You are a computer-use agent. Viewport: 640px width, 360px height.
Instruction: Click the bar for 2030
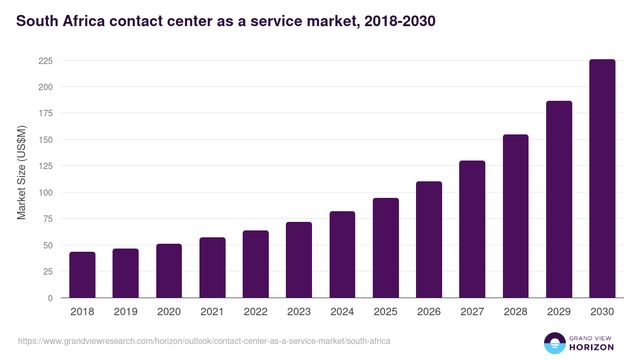click(x=602, y=179)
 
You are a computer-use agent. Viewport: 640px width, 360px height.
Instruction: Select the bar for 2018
click(x=82, y=275)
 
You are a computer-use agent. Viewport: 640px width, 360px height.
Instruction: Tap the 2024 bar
click(x=342, y=254)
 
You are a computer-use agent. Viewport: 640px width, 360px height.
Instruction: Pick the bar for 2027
click(x=472, y=229)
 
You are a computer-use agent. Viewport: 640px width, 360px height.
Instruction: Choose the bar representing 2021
click(x=212, y=268)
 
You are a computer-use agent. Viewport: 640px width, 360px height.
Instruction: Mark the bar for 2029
click(x=559, y=199)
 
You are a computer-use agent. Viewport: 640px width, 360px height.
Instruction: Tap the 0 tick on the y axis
click(x=50, y=298)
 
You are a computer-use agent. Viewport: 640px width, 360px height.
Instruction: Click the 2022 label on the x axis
click(x=255, y=312)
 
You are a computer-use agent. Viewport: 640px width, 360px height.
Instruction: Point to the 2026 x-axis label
click(x=429, y=312)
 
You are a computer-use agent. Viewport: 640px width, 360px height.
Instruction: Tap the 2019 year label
click(x=125, y=312)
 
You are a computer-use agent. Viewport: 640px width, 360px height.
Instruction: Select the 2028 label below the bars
click(x=516, y=312)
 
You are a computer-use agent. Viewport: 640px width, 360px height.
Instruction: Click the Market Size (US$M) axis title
click(x=21, y=172)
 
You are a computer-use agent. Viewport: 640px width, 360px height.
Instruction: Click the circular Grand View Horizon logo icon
click(x=555, y=343)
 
